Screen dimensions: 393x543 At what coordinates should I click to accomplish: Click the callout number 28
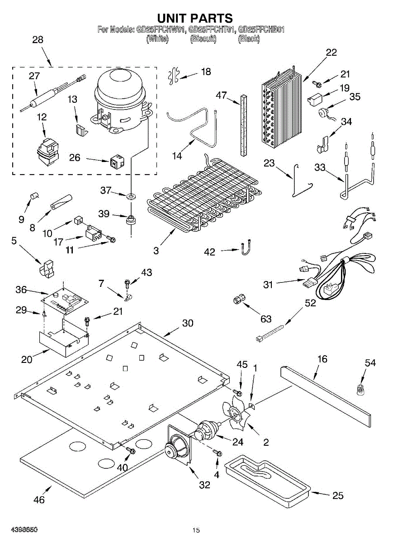click(x=38, y=40)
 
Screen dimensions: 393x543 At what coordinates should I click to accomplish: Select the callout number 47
click(x=222, y=95)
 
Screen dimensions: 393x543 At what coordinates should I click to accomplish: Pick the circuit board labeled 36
click(x=65, y=300)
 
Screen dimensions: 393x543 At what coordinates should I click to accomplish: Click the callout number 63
click(x=266, y=319)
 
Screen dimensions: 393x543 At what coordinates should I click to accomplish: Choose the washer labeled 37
click(x=131, y=195)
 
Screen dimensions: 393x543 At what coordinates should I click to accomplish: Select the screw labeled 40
click(x=131, y=451)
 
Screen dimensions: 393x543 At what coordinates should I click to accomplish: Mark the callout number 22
click(x=331, y=52)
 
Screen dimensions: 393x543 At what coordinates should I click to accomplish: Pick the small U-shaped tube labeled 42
click(x=245, y=247)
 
